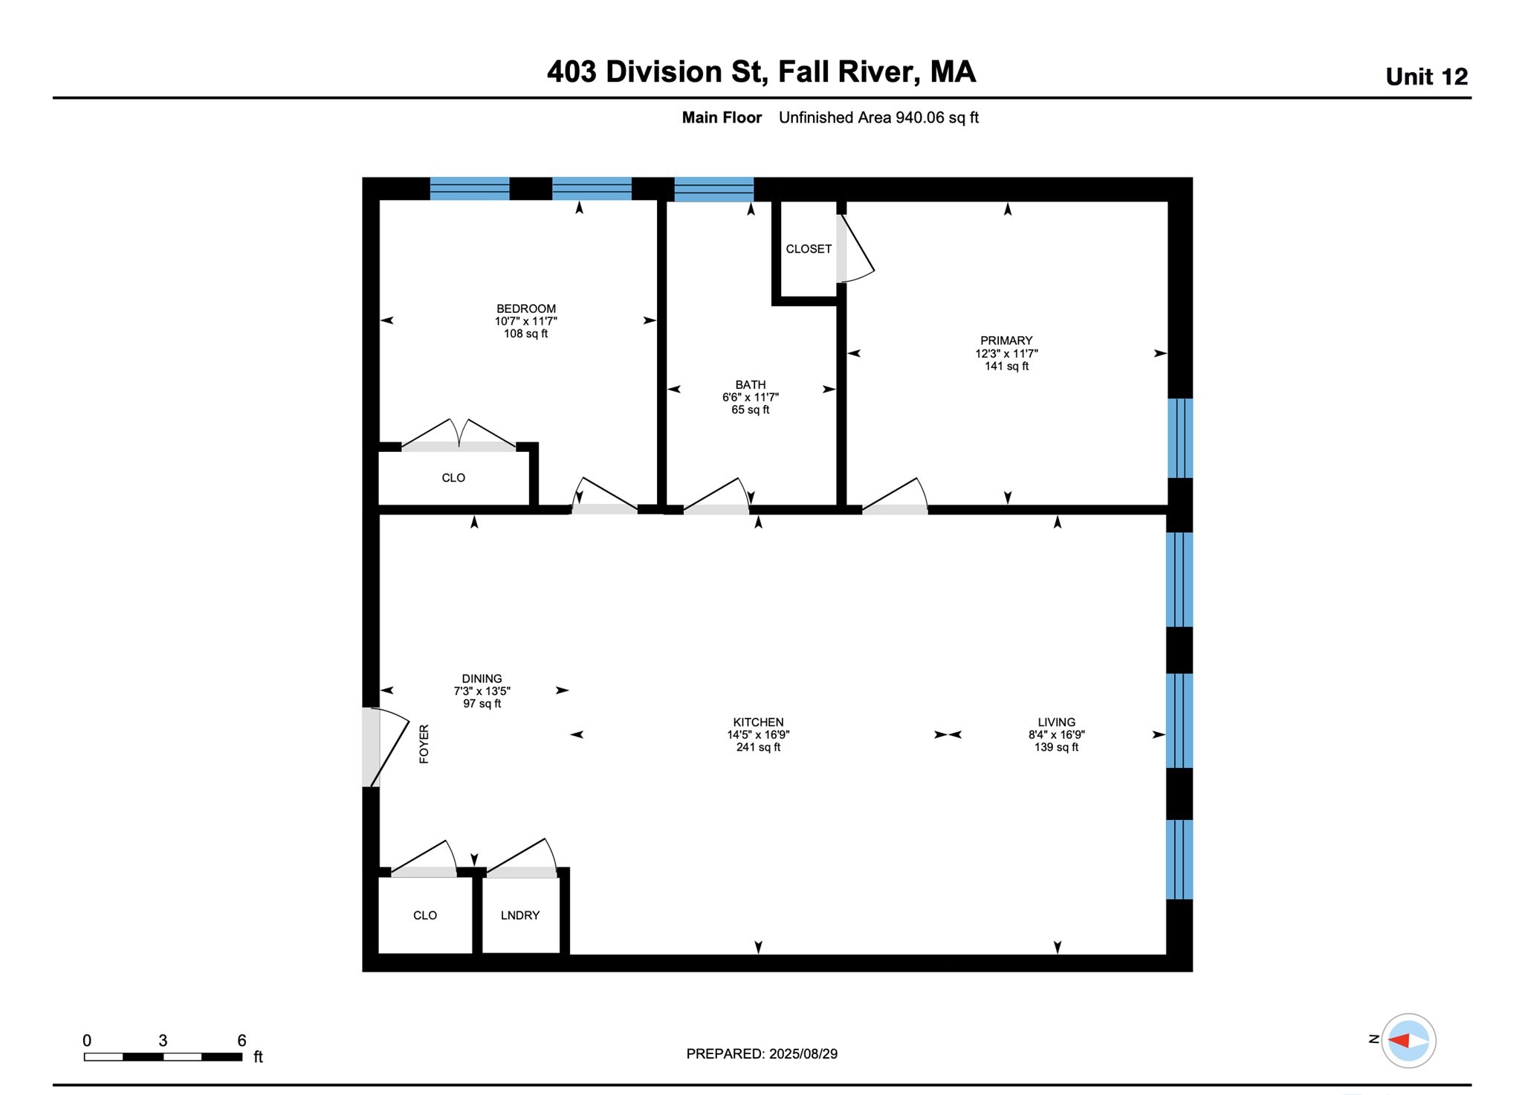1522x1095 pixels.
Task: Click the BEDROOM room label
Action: pos(526,309)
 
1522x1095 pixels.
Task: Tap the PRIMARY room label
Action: pos(1006,340)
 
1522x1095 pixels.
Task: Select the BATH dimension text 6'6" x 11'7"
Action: pos(751,397)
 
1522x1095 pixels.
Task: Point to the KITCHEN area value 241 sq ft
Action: pos(758,747)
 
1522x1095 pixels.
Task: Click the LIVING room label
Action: pos(1057,722)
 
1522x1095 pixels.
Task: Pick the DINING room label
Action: pos(482,678)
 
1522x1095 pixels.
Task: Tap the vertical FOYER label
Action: pos(424,744)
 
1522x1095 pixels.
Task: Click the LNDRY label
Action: pos(520,915)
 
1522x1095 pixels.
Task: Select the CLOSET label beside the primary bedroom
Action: pos(809,249)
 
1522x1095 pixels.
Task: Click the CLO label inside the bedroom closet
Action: pos(453,478)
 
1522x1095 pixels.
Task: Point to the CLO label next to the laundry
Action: pos(425,915)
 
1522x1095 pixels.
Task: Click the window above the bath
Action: pos(714,189)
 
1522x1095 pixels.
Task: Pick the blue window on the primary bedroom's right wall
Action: pos(1180,438)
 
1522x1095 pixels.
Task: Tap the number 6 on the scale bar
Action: pos(242,1040)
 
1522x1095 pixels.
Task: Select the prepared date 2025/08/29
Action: pos(803,1053)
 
